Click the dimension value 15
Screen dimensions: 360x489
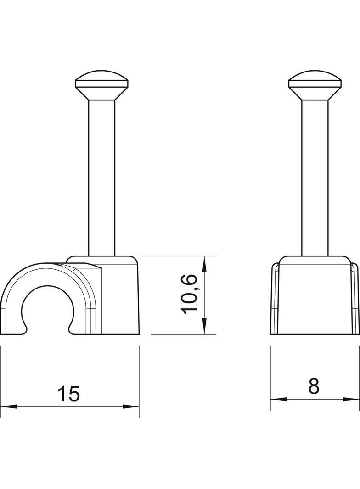point(69,394)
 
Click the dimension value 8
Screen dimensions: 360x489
point(314,386)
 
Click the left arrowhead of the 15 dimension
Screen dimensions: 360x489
point(8,406)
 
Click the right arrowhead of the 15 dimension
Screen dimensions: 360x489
point(131,406)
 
